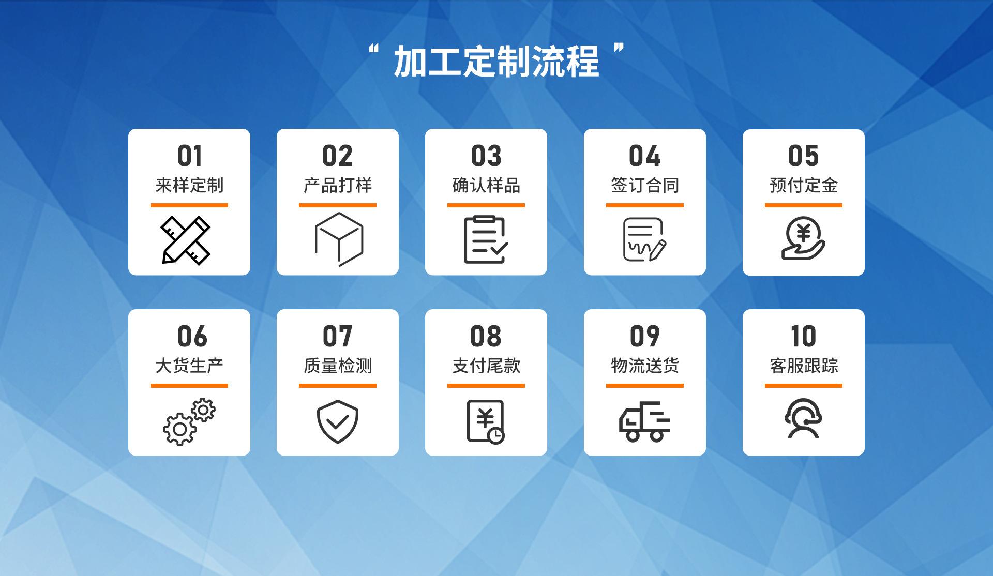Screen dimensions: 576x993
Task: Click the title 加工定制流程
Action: [x=496, y=62]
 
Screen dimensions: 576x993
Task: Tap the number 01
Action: [x=189, y=156]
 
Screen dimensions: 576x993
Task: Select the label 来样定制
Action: [x=189, y=185]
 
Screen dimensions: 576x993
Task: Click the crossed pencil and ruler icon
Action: [x=186, y=240]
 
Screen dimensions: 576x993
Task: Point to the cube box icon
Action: [x=339, y=239]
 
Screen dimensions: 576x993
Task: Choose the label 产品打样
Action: [x=338, y=185]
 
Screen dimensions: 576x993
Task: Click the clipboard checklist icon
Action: [x=486, y=239]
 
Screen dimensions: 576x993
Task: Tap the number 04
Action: [x=644, y=156]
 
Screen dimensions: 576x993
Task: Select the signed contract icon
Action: [x=644, y=239]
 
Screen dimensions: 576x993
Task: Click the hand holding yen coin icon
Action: [x=803, y=238]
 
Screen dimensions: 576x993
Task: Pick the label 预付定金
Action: [x=803, y=185]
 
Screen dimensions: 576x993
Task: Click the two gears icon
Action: [x=189, y=421]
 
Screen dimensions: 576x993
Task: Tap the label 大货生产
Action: [x=189, y=366]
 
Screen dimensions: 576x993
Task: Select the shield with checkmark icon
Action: [x=338, y=421]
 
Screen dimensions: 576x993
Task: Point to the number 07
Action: [x=338, y=336]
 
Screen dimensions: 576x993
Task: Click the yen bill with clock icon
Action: [x=486, y=421]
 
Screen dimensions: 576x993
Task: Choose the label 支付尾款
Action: [x=486, y=366]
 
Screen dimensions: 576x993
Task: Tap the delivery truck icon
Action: [x=644, y=421]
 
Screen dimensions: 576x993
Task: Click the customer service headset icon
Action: [x=803, y=419]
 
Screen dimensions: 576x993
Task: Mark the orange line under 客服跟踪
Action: [x=803, y=386]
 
